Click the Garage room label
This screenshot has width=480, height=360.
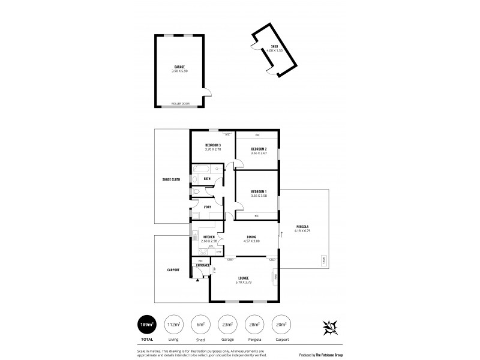click(179, 67)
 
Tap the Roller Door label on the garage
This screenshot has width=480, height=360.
click(180, 104)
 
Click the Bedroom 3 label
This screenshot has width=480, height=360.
click(213, 146)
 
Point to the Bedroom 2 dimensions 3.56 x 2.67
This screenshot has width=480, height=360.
click(258, 153)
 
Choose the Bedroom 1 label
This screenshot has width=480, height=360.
click(258, 191)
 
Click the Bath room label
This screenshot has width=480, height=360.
click(206, 178)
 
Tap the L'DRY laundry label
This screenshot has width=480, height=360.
click(207, 207)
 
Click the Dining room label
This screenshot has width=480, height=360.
click(252, 237)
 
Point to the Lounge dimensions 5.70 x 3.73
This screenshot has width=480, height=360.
click(244, 282)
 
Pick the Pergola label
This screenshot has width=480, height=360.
click(301, 227)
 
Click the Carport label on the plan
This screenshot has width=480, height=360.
click(173, 270)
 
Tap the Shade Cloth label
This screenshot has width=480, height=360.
click(171, 179)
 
